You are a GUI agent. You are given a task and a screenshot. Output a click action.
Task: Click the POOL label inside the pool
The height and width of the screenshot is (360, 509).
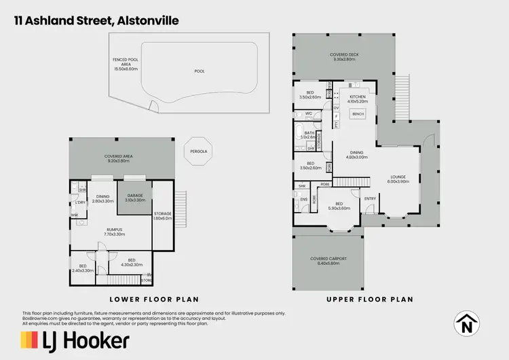point(199,71)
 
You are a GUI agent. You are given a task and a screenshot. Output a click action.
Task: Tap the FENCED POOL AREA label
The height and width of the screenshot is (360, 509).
point(126,65)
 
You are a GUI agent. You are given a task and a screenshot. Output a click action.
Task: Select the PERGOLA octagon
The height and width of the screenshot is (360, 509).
point(199,151)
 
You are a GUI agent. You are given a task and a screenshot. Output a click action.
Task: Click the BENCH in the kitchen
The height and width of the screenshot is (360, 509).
point(358,114)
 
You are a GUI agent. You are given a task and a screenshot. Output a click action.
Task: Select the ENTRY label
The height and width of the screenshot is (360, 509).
point(370,198)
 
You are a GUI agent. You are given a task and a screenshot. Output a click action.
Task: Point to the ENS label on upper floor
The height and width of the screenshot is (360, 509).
point(305,200)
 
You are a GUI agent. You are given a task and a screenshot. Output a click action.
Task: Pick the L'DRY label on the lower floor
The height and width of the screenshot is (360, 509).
point(81,202)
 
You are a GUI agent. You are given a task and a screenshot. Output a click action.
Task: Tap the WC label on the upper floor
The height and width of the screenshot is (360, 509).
point(309,114)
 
